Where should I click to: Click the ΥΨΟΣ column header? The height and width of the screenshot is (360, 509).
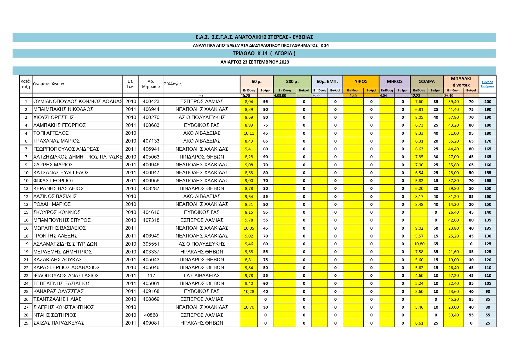(361, 82)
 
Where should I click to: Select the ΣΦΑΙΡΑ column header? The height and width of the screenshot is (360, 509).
(427, 82)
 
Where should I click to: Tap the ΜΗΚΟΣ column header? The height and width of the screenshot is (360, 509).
(394, 82)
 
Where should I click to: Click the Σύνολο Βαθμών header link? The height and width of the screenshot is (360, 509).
(487, 84)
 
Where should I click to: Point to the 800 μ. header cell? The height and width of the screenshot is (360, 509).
(292, 82)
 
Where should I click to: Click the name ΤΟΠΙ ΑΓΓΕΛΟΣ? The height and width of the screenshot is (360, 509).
(51, 133)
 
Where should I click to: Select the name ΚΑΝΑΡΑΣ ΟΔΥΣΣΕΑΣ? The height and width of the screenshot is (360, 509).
(58, 291)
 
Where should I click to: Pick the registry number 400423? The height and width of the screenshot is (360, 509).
(151, 102)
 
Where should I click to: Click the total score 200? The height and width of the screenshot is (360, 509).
(488, 102)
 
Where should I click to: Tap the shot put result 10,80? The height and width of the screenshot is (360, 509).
(419, 244)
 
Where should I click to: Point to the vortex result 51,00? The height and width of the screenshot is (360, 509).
(453, 133)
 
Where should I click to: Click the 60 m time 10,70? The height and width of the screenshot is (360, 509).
(249, 307)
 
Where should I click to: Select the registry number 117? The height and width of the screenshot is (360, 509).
(151, 276)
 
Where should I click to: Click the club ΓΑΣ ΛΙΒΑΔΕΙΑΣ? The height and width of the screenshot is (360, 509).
(202, 276)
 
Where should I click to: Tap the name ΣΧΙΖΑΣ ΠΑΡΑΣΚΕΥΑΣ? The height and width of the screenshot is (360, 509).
(59, 323)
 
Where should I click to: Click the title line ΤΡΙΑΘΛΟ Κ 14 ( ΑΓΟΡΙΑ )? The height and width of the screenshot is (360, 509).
(264, 53)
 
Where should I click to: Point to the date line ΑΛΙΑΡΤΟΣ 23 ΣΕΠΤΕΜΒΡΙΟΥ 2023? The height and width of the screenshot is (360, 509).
(255, 62)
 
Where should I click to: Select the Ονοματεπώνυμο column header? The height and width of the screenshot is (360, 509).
(49, 84)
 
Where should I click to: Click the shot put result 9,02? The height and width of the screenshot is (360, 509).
(419, 228)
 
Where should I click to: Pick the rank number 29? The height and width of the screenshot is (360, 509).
(26, 323)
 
